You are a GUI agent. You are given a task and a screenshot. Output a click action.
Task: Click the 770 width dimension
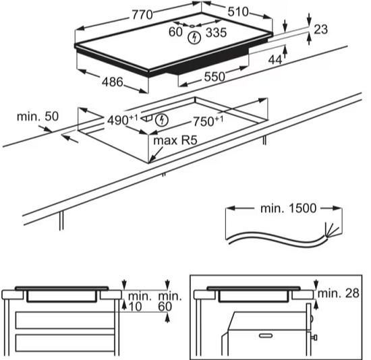point(142,14)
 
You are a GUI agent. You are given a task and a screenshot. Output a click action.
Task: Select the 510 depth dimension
point(238,11)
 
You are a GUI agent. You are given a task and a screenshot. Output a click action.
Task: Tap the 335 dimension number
point(217,32)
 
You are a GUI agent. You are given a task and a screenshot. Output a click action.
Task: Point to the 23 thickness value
point(320,30)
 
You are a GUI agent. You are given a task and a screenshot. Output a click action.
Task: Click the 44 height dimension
point(275,60)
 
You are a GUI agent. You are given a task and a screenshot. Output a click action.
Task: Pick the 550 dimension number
point(215,77)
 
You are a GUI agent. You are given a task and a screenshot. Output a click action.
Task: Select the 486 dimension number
point(113,82)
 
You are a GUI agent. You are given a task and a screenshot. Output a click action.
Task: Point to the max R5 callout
point(175,140)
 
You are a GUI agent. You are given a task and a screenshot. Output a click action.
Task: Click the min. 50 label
point(38,117)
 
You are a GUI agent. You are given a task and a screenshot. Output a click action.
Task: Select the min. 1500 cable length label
point(288,208)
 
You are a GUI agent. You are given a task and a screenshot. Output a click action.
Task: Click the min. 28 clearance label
point(339,293)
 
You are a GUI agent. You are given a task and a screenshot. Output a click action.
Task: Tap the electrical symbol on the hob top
point(194,38)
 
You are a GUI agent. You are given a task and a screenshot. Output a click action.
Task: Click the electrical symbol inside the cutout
point(162,120)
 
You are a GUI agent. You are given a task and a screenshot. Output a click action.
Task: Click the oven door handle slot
point(266,336)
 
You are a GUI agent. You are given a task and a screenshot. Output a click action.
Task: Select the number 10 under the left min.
point(135,307)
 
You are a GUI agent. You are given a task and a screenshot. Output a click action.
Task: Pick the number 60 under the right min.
point(165,307)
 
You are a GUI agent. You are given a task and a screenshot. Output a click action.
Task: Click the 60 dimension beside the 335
point(175,32)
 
